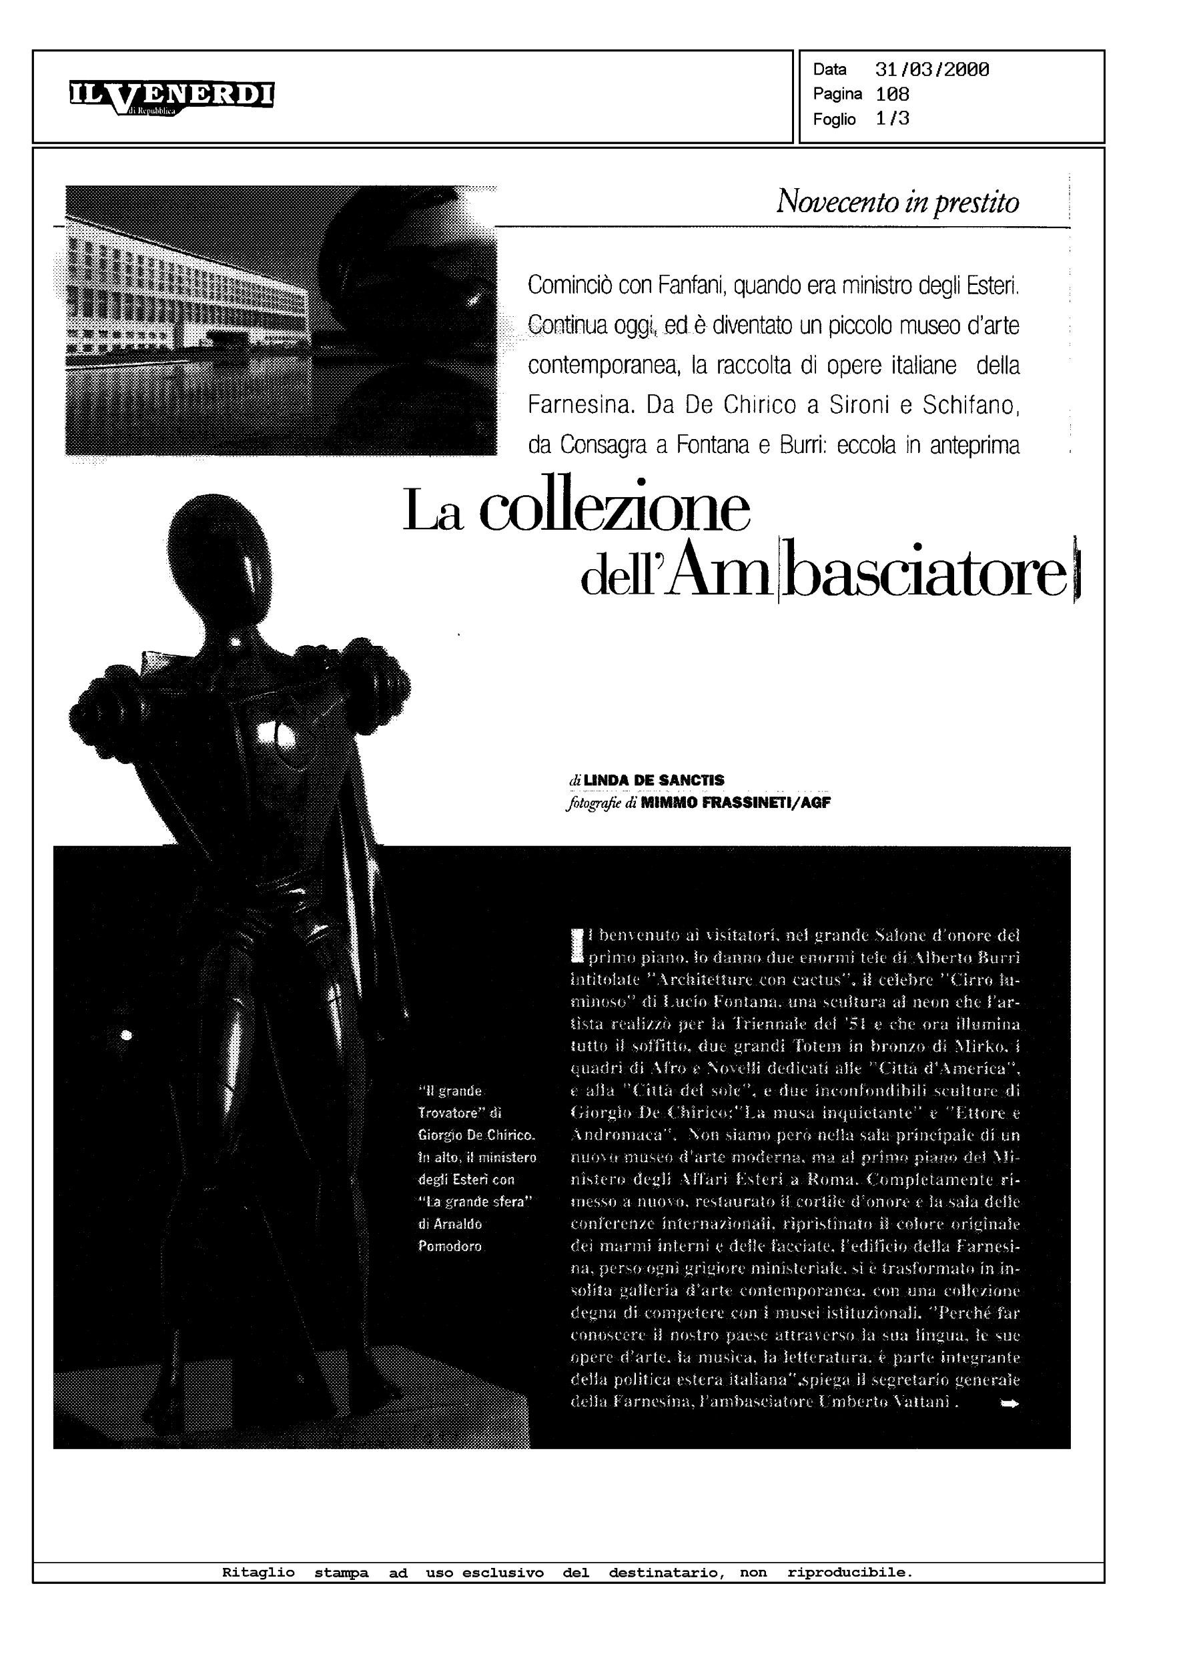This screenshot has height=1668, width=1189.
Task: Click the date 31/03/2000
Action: click(x=932, y=70)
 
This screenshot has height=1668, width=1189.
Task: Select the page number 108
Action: click(x=893, y=95)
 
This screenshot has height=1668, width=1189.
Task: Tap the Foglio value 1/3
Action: click(x=893, y=119)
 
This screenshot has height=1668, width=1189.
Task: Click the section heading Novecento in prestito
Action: click(x=897, y=201)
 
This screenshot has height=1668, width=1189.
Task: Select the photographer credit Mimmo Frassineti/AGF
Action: click(x=735, y=803)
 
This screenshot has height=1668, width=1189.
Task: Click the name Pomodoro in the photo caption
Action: click(x=450, y=1246)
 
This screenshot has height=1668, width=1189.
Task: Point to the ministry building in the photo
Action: click(x=183, y=300)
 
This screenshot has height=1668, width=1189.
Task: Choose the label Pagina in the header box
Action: click(x=837, y=95)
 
